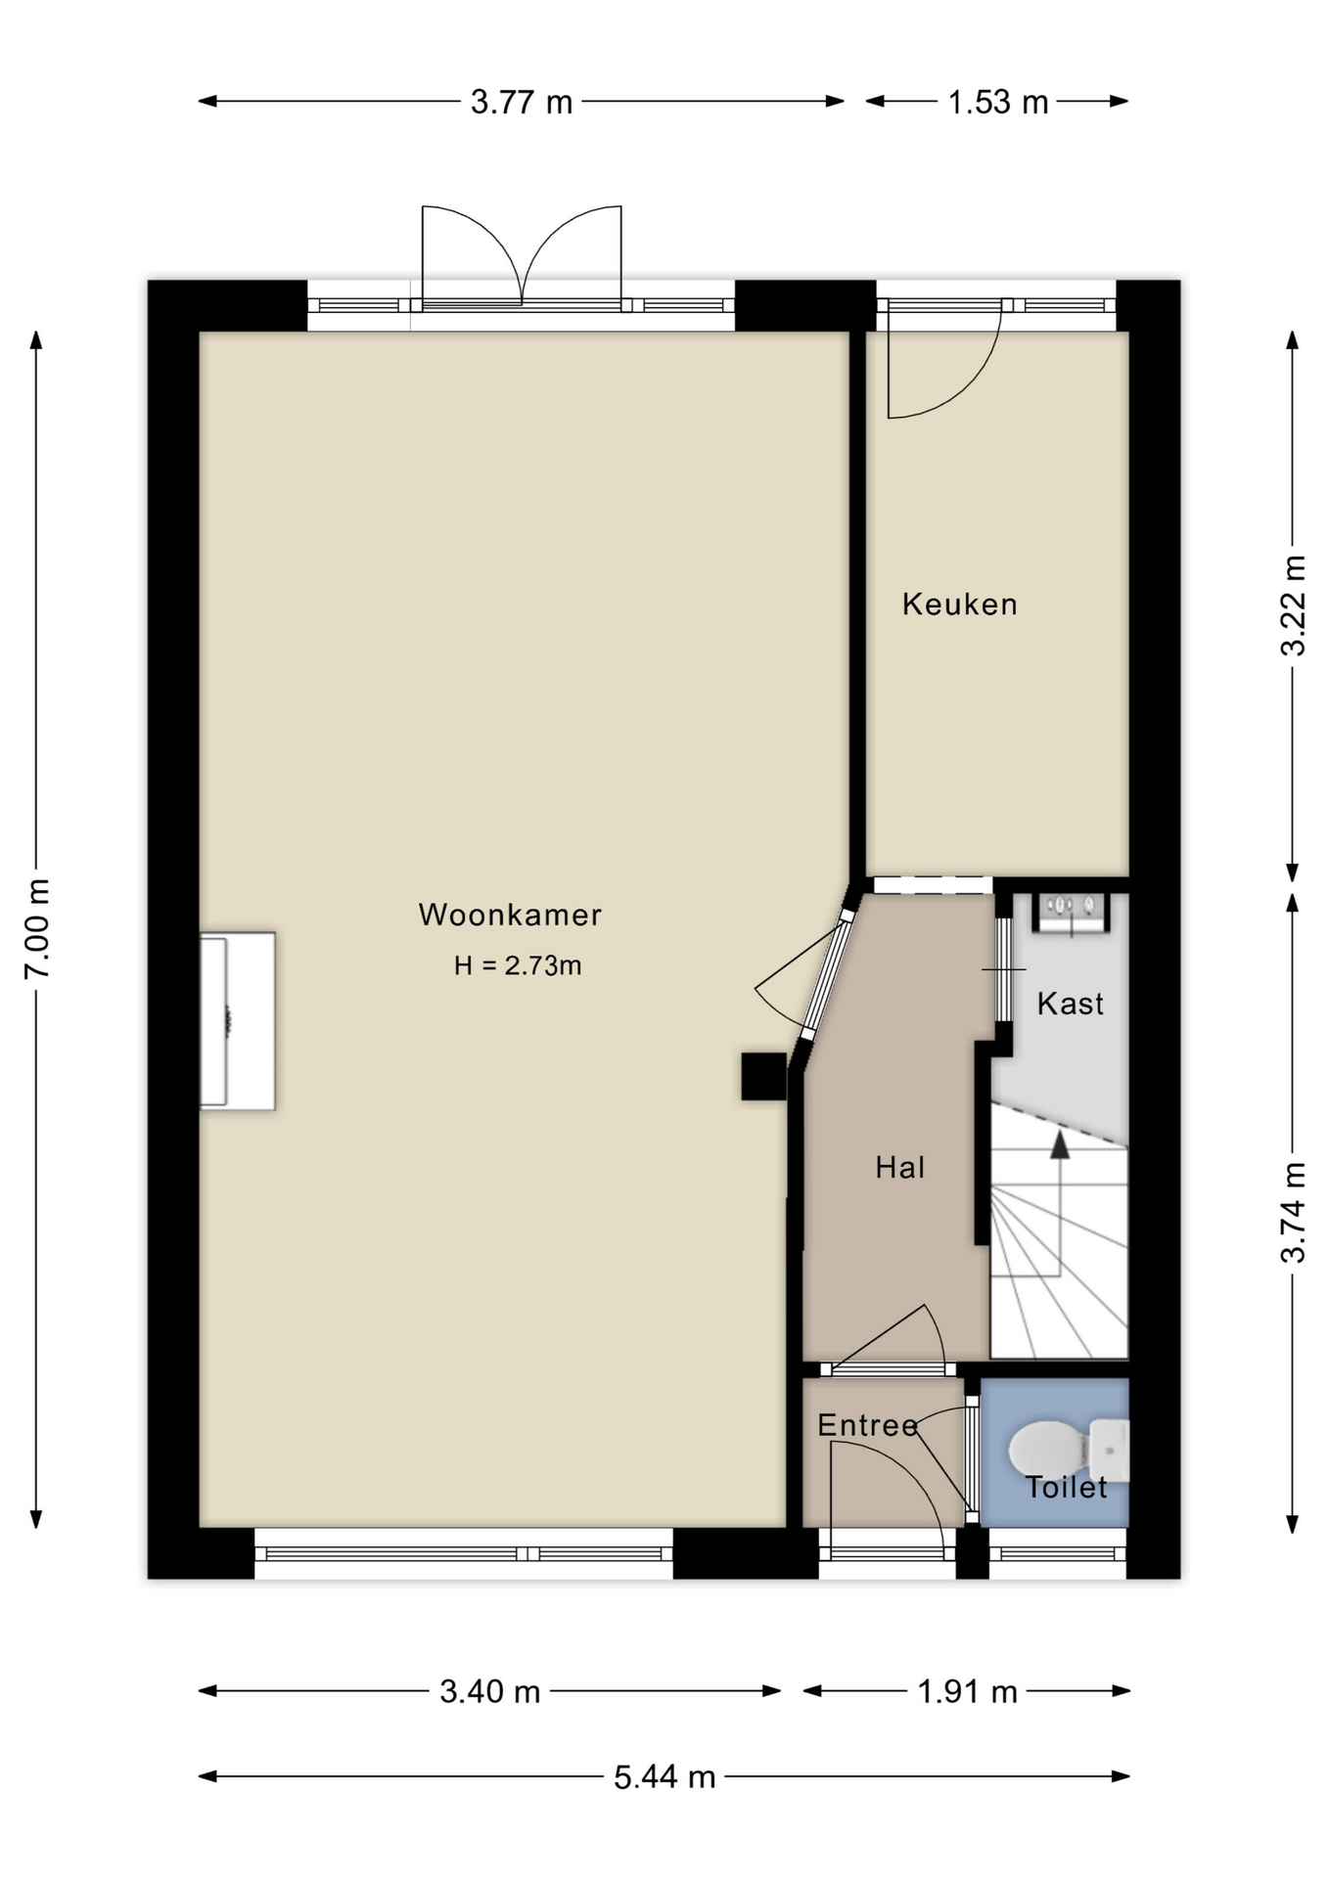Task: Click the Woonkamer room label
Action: [x=510, y=915]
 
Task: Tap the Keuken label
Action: [x=960, y=604]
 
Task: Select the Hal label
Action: [x=900, y=1167]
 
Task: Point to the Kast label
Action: [x=1070, y=1004]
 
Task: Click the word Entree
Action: [x=868, y=1425]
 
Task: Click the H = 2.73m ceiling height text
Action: [x=518, y=965]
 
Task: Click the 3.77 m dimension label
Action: [x=521, y=102]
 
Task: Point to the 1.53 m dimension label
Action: [x=997, y=102]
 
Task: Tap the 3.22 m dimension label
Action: [x=1294, y=605]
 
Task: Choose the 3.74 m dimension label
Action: [x=1294, y=1212]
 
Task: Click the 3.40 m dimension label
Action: [x=489, y=1691]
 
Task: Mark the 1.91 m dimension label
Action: [x=967, y=1691]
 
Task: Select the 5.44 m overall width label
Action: [x=664, y=1776]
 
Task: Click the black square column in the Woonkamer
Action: [x=763, y=1076]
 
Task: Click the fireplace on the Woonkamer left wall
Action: [x=237, y=1021]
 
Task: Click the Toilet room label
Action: [x=1066, y=1488]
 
